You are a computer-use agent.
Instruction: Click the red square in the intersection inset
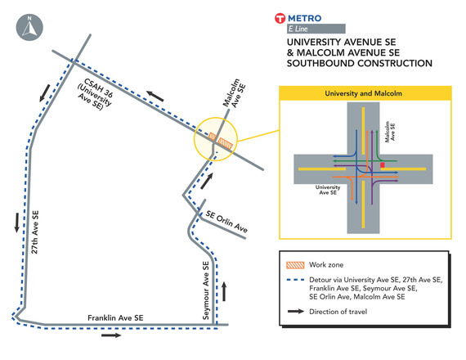(382, 166)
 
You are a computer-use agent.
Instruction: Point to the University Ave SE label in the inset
(327, 191)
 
